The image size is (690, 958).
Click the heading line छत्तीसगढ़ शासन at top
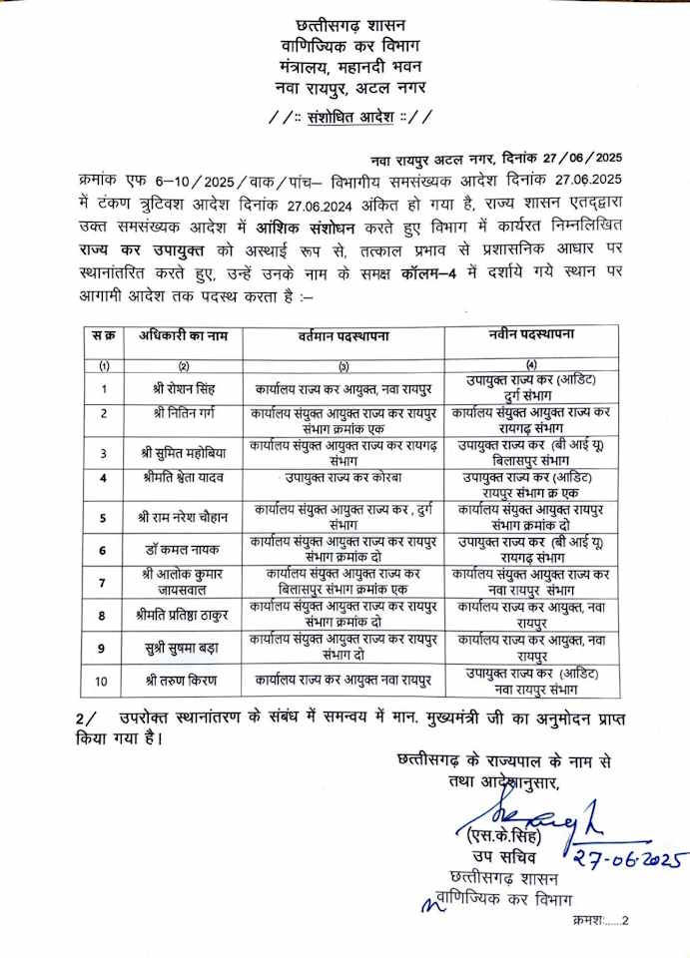(x=345, y=24)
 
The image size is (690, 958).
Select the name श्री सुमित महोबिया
(x=184, y=452)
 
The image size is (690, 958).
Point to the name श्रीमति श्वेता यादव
(x=183, y=477)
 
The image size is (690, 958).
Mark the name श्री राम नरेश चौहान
(x=184, y=517)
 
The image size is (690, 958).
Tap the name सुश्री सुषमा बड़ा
(x=184, y=648)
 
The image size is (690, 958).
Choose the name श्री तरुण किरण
(x=184, y=681)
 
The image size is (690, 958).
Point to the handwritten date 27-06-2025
(x=627, y=857)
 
